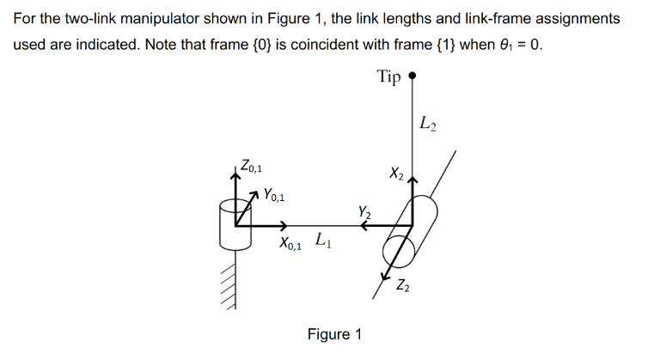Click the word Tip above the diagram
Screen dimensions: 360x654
click(388, 77)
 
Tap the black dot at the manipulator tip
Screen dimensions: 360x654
click(413, 76)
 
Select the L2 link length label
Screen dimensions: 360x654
click(428, 124)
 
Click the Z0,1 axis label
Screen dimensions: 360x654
click(254, 163)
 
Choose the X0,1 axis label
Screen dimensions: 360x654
click(291, 244)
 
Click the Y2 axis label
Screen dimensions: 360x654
click(364, 210)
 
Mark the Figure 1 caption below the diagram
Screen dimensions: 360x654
click(334, 334)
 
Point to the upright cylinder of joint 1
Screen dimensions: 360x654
click(233, 222)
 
